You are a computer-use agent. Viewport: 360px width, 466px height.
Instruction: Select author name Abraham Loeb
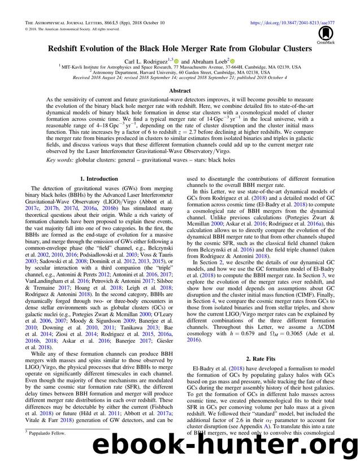[x=208, y=60]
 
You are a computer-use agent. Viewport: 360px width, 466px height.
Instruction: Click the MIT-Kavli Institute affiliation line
[x=180, y=67]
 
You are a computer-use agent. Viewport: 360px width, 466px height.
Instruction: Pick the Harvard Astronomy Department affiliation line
[x=180, y=72]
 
